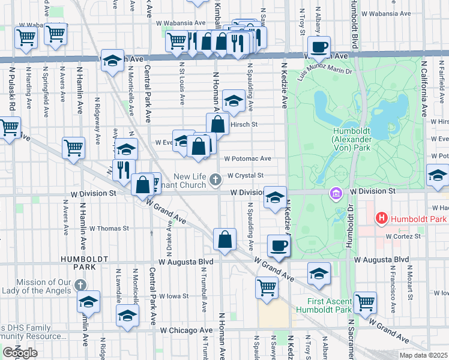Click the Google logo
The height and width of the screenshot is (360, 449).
pos(20,352)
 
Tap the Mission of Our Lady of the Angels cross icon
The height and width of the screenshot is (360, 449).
pos(80,285)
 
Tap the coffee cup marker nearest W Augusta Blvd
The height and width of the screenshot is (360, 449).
pos(279,245)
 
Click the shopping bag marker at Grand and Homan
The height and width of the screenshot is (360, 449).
pos(224,239)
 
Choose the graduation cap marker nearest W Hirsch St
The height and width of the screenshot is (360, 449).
pos(233,101)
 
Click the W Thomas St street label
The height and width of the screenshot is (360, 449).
pos(109,228)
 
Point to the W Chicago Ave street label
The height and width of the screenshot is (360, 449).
pos(186,330)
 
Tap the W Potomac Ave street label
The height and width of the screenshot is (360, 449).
pos(248,159)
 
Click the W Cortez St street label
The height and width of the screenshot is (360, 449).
pos(404,236)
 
